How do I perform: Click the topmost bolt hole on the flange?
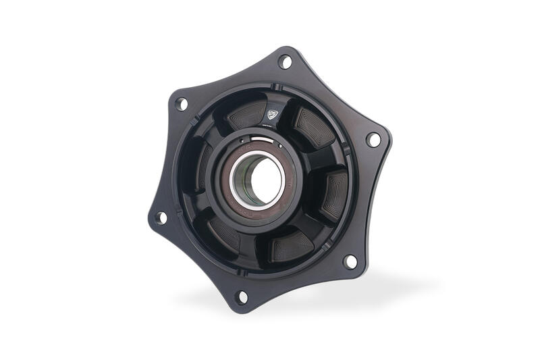pos(285,62)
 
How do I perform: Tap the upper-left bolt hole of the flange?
pos(181,104)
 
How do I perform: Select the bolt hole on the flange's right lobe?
pos(373,140)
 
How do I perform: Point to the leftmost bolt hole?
pos(161,217)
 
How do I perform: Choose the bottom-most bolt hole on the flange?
pos(242,296)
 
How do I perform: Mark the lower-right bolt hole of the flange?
pos(350,261)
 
